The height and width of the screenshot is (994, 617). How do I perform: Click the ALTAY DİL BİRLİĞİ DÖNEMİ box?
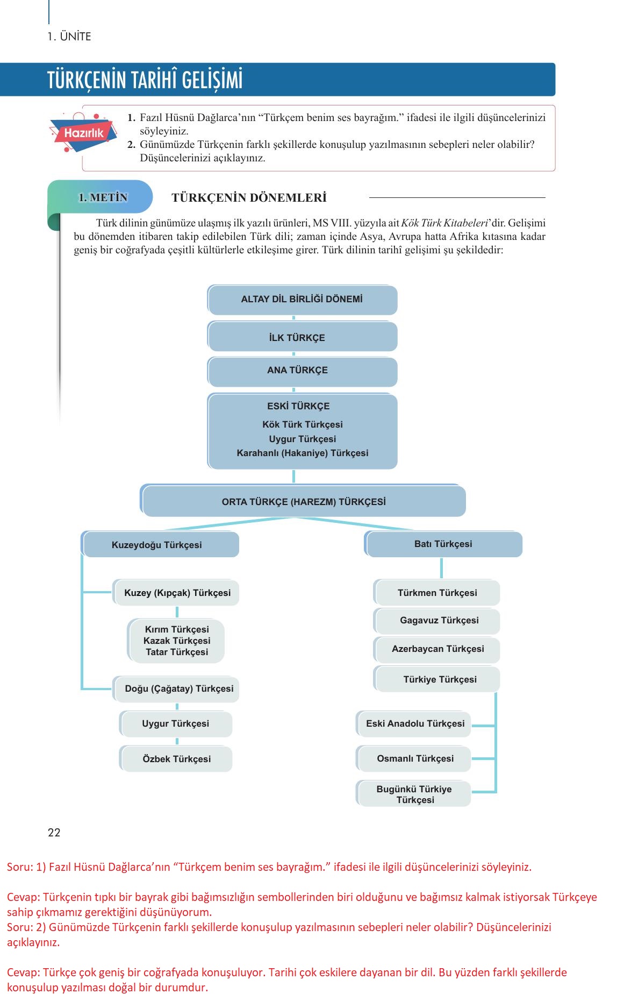[x=303, y=300]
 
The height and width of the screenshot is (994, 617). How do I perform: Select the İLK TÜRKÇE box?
[x=303, y=337]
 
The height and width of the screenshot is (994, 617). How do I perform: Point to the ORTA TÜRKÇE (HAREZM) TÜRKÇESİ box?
[x=303, y=501]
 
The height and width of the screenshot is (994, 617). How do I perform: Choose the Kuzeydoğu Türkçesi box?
[x=160, y=544]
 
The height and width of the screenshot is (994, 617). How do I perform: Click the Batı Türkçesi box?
[x=443, y=544]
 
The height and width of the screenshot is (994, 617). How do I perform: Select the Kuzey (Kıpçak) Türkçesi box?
[x=176, y=593]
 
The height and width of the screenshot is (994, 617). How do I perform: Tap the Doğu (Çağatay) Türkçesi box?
[x=176, y=689]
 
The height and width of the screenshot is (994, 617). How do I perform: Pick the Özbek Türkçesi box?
[x=176, y=759]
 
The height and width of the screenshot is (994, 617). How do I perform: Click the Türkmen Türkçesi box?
[x=436, y=593]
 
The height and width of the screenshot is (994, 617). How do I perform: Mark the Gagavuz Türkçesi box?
[x=436, y=621]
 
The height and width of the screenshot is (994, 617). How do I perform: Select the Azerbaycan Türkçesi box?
[x=436, y=649]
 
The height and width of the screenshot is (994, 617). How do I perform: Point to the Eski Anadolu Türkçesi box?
[x=413, y=724]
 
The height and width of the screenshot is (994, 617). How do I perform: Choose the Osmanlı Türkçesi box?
[x=413, y=759]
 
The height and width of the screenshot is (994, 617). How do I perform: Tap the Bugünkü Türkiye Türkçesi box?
[x=413, y=794]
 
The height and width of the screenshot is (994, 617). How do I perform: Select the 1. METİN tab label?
[x=103, y=197]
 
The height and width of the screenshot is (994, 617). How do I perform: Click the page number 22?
[x=54, y=833]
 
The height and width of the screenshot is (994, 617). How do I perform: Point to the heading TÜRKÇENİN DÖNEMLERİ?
[x=249, y=197]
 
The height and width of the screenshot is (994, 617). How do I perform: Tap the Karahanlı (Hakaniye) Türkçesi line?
[x=303, y=453]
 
